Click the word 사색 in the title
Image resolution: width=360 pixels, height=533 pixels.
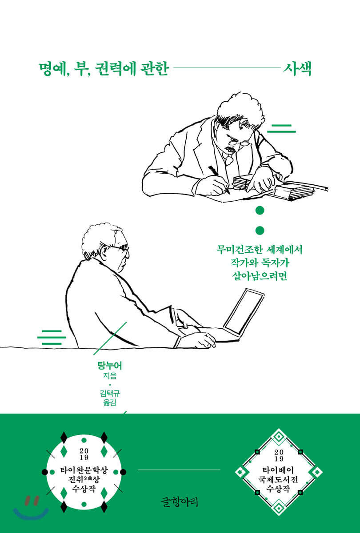pyautogui.click(x=297, y=69)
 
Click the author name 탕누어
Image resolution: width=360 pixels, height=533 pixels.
pyautogui.click(x=110, y=366)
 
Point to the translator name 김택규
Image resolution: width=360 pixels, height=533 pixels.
pyautogui.click(x=110, y=393)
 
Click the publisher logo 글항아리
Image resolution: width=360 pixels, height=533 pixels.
pyautogui.click(x=180, y=501)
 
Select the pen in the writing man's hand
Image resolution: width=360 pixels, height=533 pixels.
pyautogui.click(x=219, y=179)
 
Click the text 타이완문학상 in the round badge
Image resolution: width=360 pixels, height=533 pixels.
pyautogui.click(x=84, y=470)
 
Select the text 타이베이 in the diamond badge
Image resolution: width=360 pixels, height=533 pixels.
pyautogui.click(x=278, y=470)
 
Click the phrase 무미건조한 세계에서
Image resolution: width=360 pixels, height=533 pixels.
pyautogui.click(x=260, y=250)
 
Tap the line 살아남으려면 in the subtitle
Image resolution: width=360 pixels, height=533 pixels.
pyautogui.click(x=260, y=276)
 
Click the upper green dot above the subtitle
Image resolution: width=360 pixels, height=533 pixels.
pyautogui.click(x=260, y=211)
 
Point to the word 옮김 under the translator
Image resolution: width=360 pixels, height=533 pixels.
pyautogui.click(x=110, y=402)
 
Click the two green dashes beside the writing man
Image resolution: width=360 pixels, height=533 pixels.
pyautogui.click(x=281, y=128)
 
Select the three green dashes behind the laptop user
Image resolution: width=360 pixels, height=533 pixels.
pyautogui.click(x=52, y=337)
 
